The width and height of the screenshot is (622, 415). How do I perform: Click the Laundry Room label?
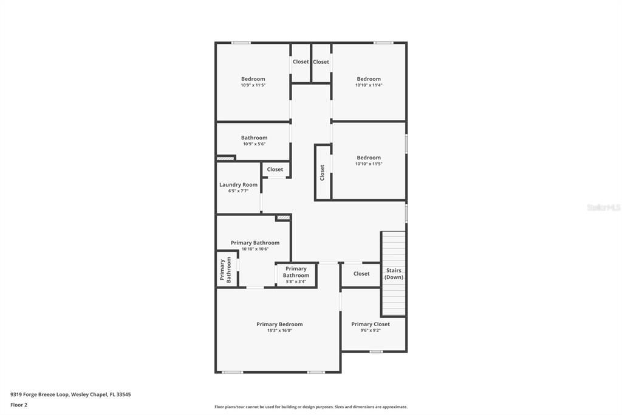tap(238, 184)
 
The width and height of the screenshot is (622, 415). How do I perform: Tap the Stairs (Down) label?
tap(394, 274)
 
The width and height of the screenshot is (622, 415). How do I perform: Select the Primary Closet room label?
tap(371, 324)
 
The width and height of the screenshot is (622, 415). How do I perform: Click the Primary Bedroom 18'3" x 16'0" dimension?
tap(279, 330)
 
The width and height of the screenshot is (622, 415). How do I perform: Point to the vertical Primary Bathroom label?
tap(225, 270)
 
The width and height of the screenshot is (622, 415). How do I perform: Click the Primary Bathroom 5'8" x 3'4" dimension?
tap(296, 281)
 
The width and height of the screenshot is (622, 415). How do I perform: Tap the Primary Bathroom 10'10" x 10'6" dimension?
tap(255, 249)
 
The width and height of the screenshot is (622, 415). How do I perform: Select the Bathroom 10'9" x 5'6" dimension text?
tap(254, 144)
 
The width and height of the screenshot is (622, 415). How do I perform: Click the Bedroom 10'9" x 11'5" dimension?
tap(253, 85)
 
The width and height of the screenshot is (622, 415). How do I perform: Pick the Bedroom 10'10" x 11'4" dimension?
tap(369, 85)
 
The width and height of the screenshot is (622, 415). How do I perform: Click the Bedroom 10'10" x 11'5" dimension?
tap(369, 164)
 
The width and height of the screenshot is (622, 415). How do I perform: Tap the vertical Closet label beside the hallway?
tap(323, 172)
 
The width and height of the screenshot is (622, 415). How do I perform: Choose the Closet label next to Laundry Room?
tap(275, 169)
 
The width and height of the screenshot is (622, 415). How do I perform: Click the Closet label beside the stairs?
tap(361, 274)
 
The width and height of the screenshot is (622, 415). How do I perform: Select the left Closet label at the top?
tap(301, 61)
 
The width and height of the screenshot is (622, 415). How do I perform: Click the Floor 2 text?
tap(19, 405)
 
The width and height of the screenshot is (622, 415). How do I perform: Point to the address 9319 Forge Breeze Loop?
tap(70, 394)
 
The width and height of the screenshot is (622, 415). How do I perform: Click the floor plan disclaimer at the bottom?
tap(311, 407)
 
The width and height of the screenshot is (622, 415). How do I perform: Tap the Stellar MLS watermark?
tap(603, 207)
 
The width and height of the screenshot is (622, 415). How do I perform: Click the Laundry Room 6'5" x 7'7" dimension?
tap(238, 191)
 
